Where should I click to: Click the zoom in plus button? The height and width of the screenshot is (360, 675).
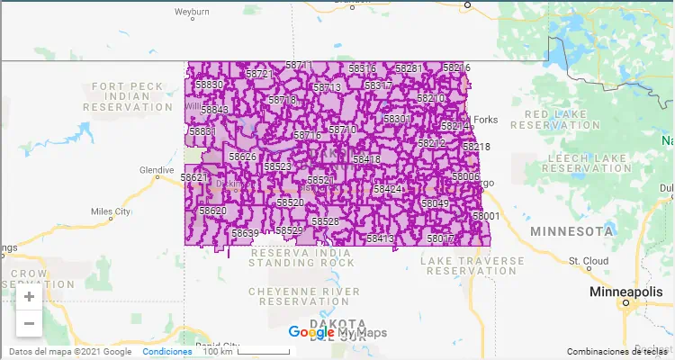point(29,297)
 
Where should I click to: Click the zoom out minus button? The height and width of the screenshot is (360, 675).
point(29,323)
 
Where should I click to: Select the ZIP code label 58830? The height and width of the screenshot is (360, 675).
point(209,85)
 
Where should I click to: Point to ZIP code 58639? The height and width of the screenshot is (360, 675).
point(245,234)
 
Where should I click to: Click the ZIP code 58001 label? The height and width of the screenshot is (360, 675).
point(486,217)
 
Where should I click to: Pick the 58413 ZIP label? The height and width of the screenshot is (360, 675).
point(381,238)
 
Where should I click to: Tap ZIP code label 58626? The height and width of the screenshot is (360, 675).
point(243,157)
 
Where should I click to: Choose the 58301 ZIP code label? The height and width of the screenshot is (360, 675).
point(397,119)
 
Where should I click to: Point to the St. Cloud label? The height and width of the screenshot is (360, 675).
point(586,261)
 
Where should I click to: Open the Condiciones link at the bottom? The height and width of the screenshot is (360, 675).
point(166,352)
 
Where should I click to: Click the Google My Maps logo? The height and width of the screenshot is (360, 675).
point(337,333)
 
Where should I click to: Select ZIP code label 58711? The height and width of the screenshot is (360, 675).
point(299,66)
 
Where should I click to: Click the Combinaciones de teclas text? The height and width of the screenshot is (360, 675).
point(618,352)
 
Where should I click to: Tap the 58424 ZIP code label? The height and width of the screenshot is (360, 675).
point(389,190)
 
